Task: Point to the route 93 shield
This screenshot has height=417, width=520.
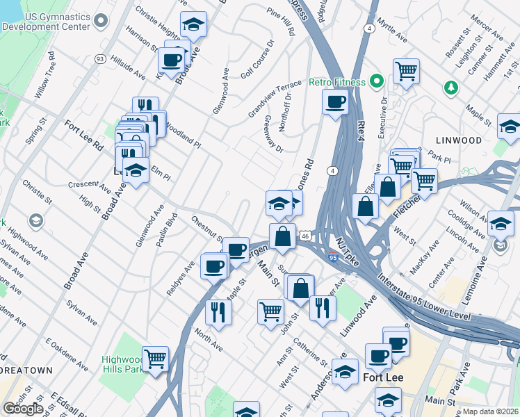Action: (x=100, y=59)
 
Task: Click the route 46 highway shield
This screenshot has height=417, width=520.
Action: (x=304, y=236)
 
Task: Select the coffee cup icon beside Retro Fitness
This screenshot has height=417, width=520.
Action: (x=335, y=103)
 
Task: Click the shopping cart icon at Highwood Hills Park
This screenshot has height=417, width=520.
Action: (x=155, y=359)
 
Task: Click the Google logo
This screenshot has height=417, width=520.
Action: (x=23, y=409)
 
